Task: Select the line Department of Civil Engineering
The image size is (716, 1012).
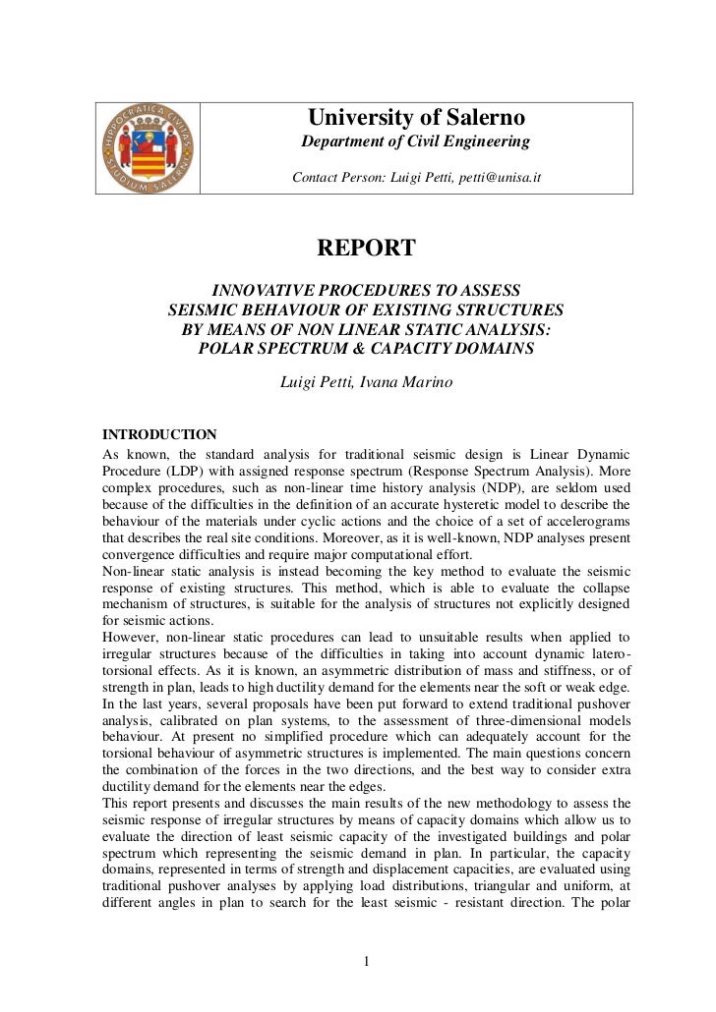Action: pyautogui.click(x=414, y=143)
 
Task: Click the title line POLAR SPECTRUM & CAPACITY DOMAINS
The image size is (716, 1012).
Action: pyautogui.click(x=366, y=349)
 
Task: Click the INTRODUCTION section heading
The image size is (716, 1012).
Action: pyautogui.click(x=159, y=434)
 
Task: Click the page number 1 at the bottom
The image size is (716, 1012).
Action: pyautogui.click(x=366, y=962)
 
